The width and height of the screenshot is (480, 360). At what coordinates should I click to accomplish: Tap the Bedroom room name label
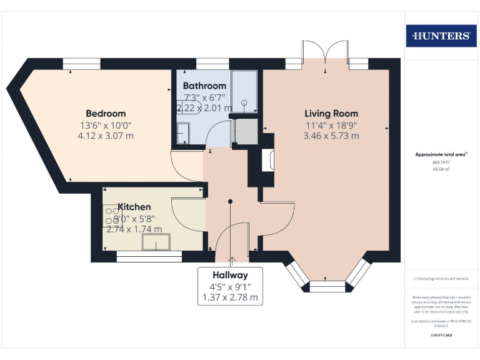click(106, 114)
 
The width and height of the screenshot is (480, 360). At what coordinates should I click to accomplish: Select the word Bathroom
click(204, 86)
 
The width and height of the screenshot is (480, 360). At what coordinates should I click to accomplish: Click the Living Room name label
click(331, 114)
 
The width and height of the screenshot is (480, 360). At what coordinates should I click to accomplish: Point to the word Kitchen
click(134, 207)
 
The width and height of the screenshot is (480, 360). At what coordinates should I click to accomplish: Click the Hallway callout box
click(230, 286)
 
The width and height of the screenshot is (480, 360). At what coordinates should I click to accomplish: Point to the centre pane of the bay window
click(327, 286)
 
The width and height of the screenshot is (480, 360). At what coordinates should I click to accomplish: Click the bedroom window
click(81, 64)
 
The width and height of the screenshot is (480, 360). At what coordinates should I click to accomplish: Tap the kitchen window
click(149, 256)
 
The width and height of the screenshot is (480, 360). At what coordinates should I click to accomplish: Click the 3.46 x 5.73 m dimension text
click(331, 136)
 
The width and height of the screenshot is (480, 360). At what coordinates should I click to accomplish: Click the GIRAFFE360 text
click(441, 336)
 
